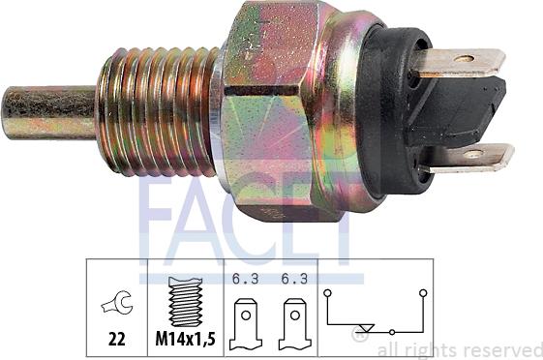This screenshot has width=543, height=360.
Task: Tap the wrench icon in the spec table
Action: [117, 303]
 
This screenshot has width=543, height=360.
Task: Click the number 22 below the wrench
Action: [117, 340]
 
